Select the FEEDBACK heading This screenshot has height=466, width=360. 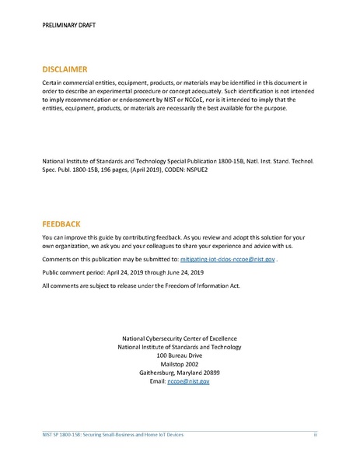coord(61,223)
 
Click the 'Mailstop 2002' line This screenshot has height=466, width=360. coord(180,363)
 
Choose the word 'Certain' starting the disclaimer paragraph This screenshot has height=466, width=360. coord(53,81)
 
